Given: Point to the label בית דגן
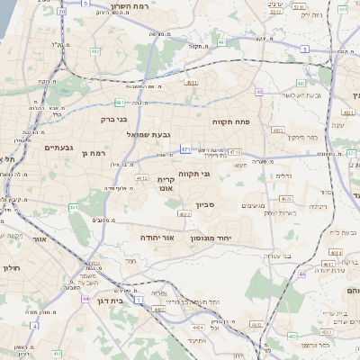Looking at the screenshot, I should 108,301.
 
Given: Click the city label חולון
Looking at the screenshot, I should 10,267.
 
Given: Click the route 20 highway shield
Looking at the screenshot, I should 61,13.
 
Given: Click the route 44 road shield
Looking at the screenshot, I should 85,298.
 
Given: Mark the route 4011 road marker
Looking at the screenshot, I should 191,82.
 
